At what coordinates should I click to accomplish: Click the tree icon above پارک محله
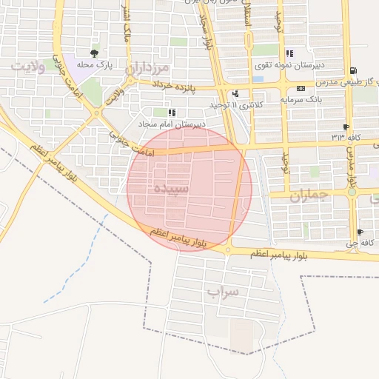tap(94, 53)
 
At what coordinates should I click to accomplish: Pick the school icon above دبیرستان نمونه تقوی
tap(288, 54)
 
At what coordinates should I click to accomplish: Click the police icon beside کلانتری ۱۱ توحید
tap(235, 93)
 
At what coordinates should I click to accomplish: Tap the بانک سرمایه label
tap(300, 100)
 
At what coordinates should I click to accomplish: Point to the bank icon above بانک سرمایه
tap(300, 89)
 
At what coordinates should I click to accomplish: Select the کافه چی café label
tap(366, 241)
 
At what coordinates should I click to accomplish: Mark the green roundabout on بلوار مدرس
tap(352, 191)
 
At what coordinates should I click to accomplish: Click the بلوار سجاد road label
tap(205, 30)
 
